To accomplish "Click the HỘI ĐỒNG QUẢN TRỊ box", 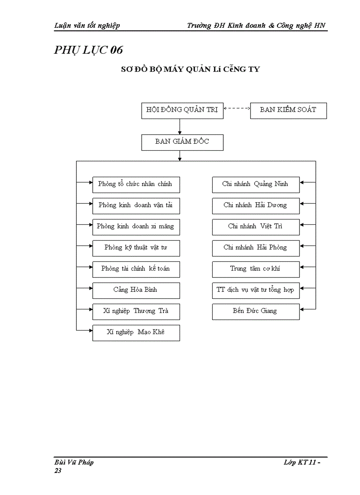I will [182, 110].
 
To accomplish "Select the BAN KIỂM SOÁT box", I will [288, 110].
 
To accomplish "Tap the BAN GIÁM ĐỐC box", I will [182, 142].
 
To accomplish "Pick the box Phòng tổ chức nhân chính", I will [136, 184].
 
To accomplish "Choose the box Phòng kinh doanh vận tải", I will [136, 205].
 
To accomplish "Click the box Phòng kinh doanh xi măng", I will [136, 227].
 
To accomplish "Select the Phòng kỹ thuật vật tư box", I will [136, 248].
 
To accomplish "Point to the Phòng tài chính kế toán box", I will [136, 269].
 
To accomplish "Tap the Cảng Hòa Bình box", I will [136, 290].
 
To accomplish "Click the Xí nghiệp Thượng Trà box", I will [136, 311].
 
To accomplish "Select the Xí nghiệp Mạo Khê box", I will [136, 332].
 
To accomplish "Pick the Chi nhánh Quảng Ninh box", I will [255, 184].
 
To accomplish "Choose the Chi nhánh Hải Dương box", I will [255, 205].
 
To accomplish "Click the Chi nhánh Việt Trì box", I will [255, 227].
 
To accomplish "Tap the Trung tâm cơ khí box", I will [255, 269].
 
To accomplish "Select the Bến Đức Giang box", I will [255, 311].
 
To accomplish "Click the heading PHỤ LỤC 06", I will [88, 50].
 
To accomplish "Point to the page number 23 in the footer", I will [58, 471].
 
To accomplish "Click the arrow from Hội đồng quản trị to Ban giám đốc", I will [180, 127].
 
